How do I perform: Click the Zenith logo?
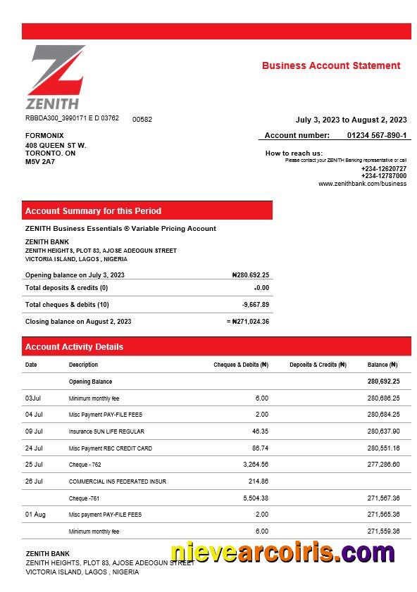coord(56,77)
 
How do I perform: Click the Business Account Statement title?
coord(331,65)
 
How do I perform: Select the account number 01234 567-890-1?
coord(377,135)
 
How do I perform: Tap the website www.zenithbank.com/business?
coord(362,184)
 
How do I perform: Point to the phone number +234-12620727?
coord(383,169)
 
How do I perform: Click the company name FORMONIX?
coord(44,135)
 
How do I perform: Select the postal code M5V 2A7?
coord(40,161)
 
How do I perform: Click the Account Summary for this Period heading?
coord(93,210)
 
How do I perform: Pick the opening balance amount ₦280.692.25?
coord(250,275)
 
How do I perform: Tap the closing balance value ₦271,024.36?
coord(250,322)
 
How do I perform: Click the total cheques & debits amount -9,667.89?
coord(255,305)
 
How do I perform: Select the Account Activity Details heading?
coord(74,346)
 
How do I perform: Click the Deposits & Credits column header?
coord(318,365)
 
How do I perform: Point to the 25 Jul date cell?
coord(34,465)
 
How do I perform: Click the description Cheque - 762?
coord(85,465)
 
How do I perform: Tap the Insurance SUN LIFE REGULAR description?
coord(106,432)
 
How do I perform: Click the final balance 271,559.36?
coord(383,531)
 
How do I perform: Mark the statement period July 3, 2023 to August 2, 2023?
coord(351,120)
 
